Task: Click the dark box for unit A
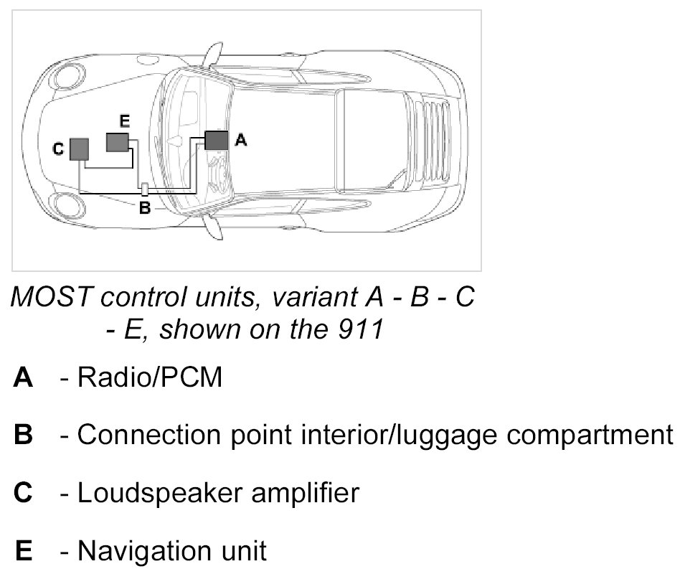216,140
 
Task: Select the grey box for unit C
79,149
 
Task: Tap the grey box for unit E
117,142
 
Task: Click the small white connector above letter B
144,189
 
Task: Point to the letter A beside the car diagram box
241,141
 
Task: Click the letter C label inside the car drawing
59,149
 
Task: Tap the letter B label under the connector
144,208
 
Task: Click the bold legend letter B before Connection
23,435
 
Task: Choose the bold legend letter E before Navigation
23,551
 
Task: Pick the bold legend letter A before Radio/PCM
23,377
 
